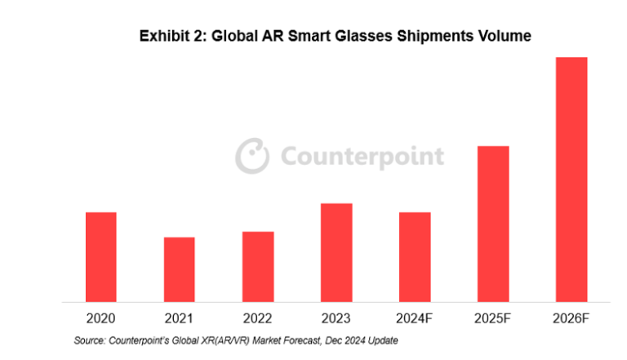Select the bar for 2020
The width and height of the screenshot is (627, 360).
coord(101,257)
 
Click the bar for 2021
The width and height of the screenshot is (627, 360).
coord(180,269)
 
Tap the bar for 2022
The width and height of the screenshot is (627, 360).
coord(258,267)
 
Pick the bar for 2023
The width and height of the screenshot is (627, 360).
coord(336,252)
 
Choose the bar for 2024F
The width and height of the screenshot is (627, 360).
coord(415,257)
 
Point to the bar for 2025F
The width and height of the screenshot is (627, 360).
coord(493,224)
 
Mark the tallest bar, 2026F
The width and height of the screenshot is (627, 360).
coord(571,180)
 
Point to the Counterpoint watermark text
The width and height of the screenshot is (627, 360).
coord(362,157)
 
